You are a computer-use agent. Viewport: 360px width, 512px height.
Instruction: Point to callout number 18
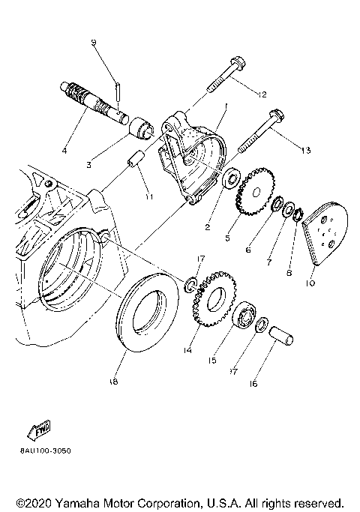[x=113, y=382]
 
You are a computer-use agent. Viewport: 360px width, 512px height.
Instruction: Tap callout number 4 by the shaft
[x=64, y=151]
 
